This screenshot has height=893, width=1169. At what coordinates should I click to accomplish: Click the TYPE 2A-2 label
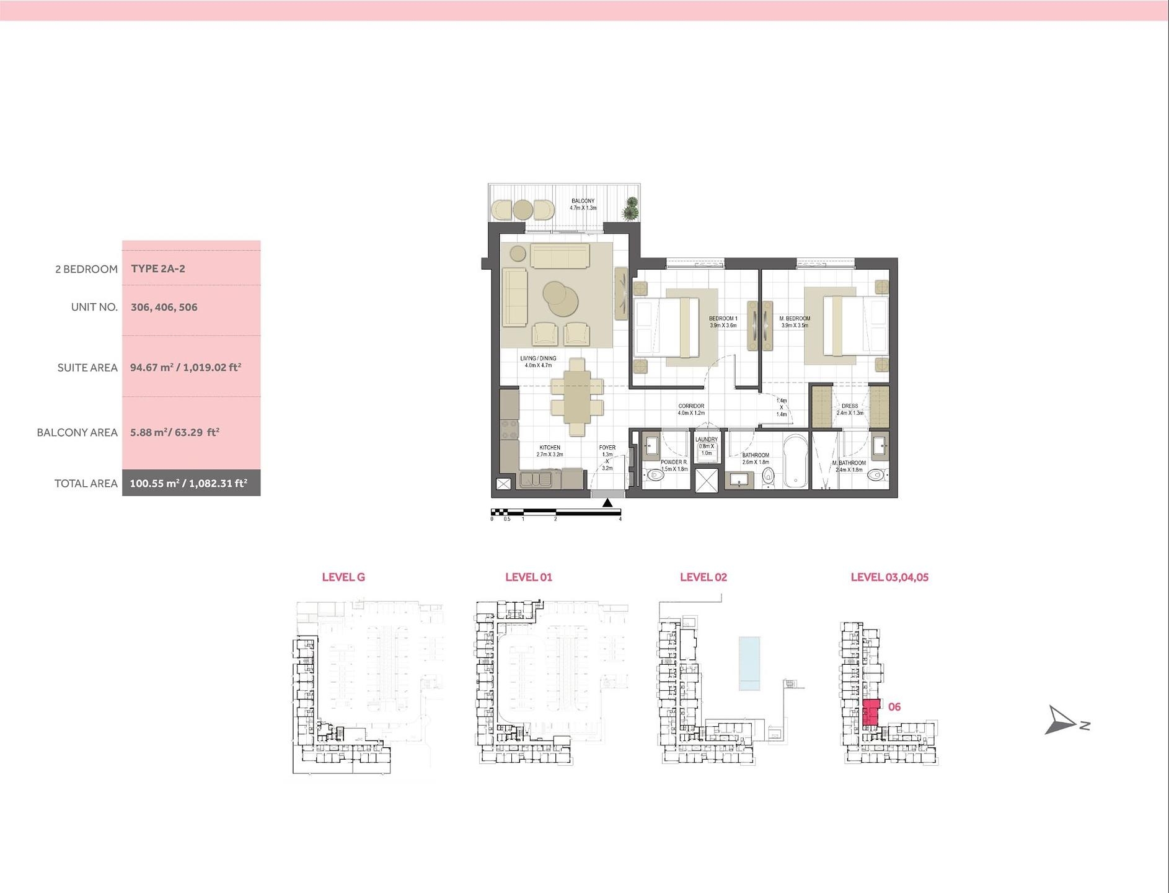[x=158, y=269]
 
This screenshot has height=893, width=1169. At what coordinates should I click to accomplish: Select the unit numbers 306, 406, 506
[x=164, y=307]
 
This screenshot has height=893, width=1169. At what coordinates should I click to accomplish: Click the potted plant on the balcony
[x=630, y=208]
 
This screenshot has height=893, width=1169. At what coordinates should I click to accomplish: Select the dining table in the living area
[x=577, y=398]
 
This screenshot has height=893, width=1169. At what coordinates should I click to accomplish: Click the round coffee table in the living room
[x=561, y=298]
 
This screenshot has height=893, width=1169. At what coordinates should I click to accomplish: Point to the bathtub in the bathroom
[x=795, y=462]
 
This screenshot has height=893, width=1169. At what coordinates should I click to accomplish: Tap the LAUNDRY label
[x=706, y=439]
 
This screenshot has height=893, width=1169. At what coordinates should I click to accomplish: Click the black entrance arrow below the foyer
[x=607, y=503]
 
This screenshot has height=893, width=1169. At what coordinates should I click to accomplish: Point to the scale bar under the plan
[x=556, y=512]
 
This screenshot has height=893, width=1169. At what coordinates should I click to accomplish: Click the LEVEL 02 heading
[x=703, y=577]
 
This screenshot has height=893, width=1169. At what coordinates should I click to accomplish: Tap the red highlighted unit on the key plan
[x=871, y=712]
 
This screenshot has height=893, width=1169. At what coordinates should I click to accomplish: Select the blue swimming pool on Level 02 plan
[x=749, y=663]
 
